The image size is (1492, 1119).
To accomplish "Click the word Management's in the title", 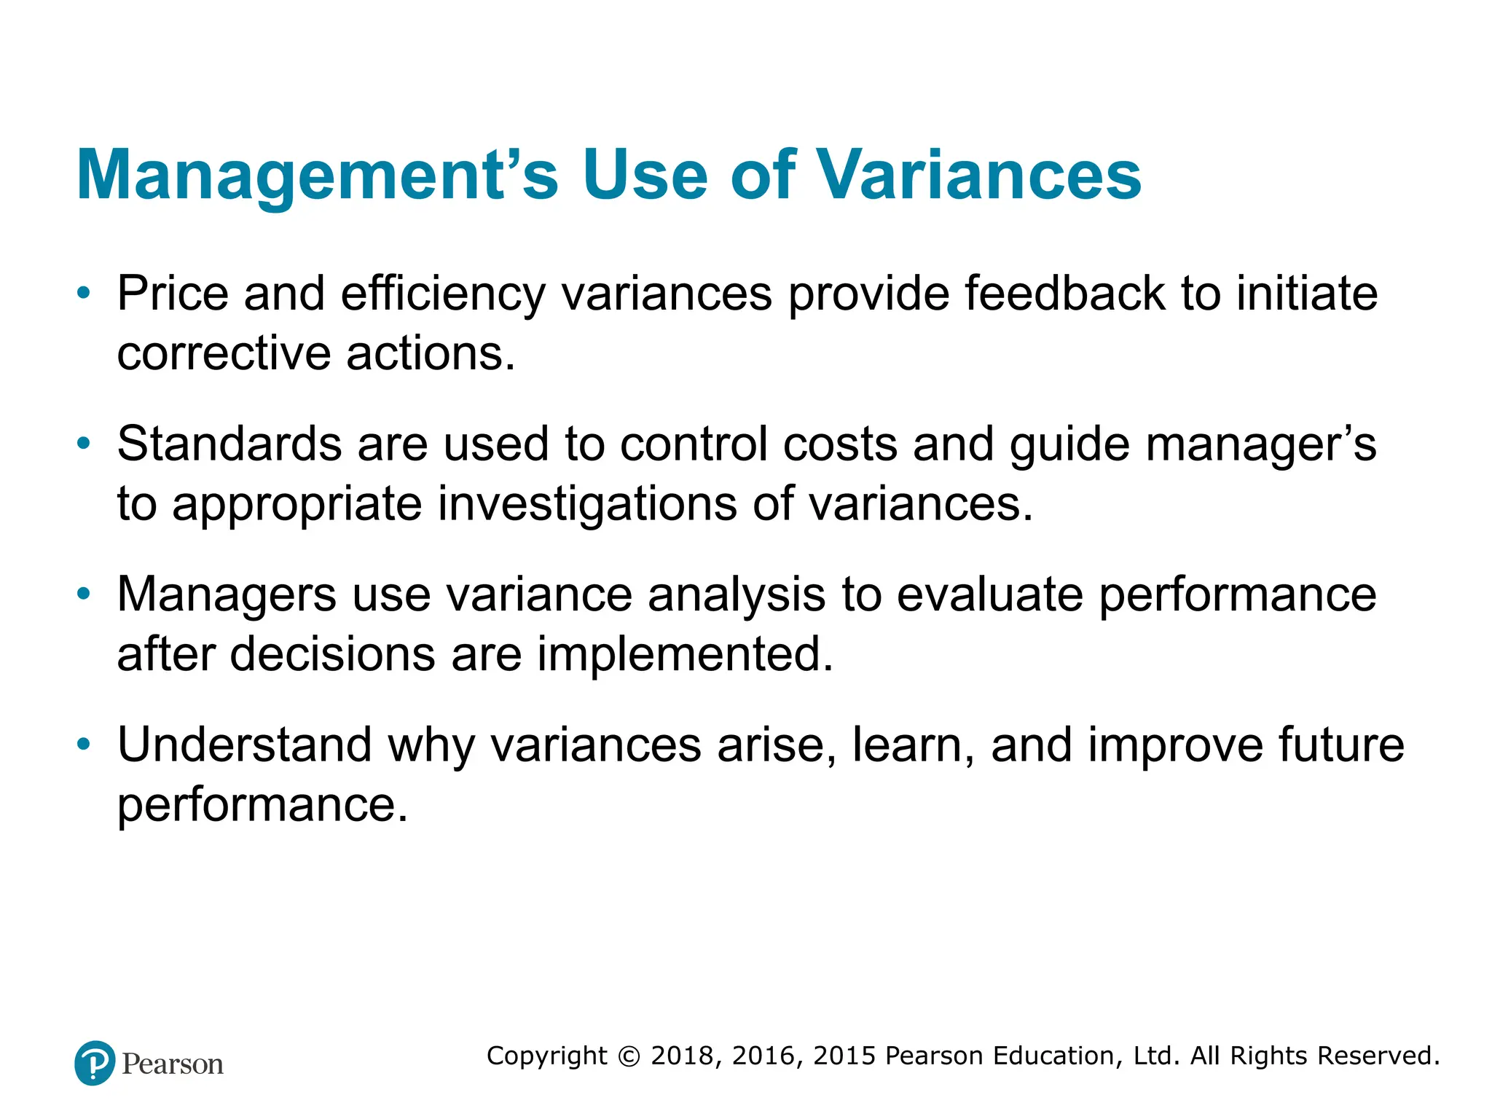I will tap(317, 176).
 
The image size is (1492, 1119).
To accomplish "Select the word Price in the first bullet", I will tap(173, 294).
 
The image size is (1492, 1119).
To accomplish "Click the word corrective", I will tap(224, 354).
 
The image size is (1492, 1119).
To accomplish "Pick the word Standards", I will tap(229, 444).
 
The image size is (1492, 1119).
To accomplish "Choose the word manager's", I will tap(1260, 445).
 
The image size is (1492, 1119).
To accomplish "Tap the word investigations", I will tap(586, 504).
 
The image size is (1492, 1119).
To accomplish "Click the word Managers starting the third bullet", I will tap(227, 595).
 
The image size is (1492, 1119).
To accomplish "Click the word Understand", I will tap(245, 745).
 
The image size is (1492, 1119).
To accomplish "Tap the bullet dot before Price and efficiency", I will tap(84, 294).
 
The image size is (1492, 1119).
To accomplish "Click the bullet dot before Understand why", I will tap(84, 745).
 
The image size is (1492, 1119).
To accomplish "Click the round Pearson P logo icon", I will tap(95, 1063).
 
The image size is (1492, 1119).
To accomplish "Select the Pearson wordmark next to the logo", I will tap(173, 1064).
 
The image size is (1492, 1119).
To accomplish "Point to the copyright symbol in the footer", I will tap(628, 1056).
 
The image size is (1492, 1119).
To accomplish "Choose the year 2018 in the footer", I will tap(683, 1056).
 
